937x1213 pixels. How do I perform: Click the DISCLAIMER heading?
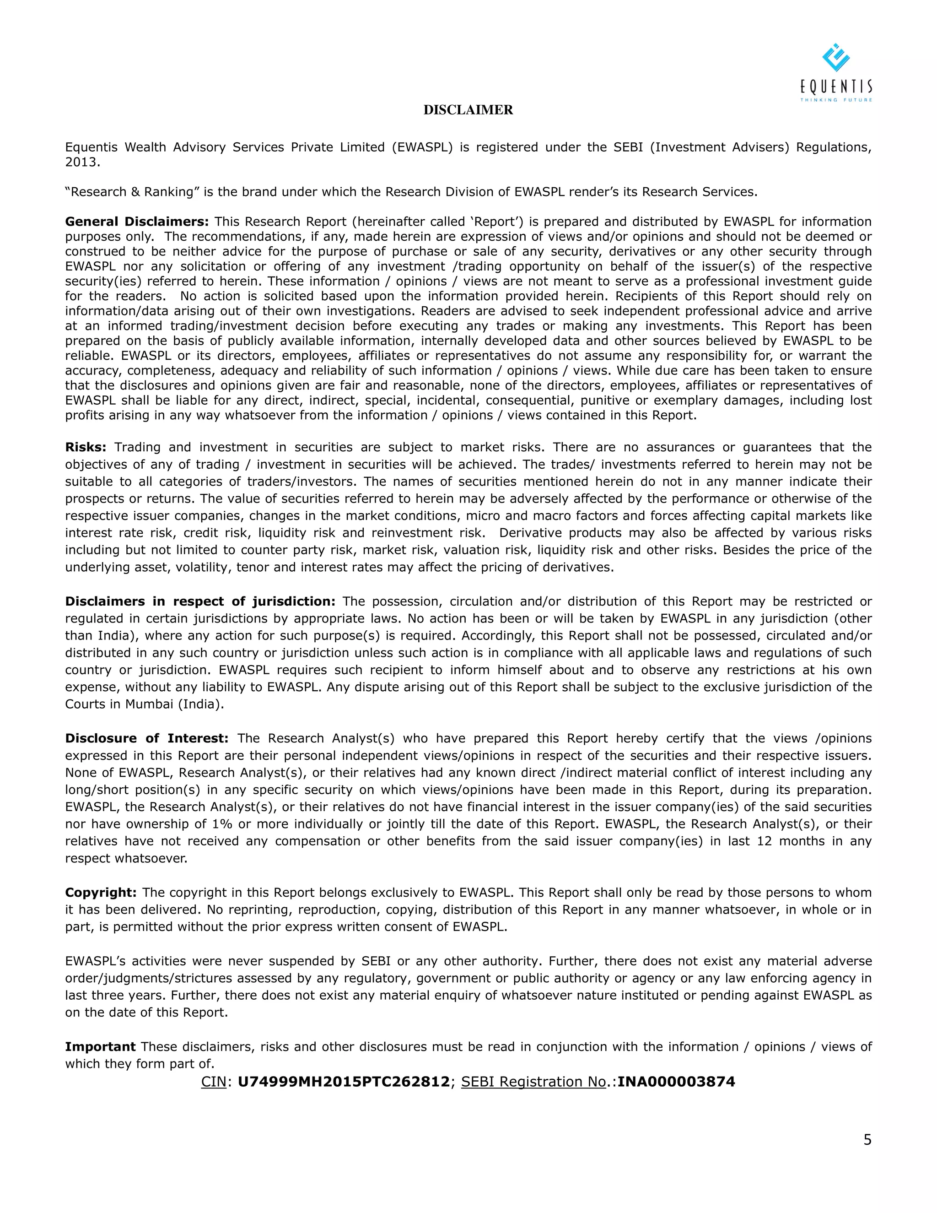(468, 110)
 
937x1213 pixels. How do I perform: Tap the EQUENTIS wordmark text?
(836, 87)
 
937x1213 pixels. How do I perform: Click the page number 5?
(867, 1140)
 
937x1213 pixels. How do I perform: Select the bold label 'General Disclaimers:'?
(136, 222)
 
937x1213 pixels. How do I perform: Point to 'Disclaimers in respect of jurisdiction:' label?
(200, 601)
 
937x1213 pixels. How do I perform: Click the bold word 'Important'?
(100, 1047)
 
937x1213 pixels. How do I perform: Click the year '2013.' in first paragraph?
(83, 162)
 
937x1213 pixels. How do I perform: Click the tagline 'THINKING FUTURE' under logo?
(836, 100)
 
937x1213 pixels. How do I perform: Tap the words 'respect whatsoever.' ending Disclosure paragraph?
(126, 859)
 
